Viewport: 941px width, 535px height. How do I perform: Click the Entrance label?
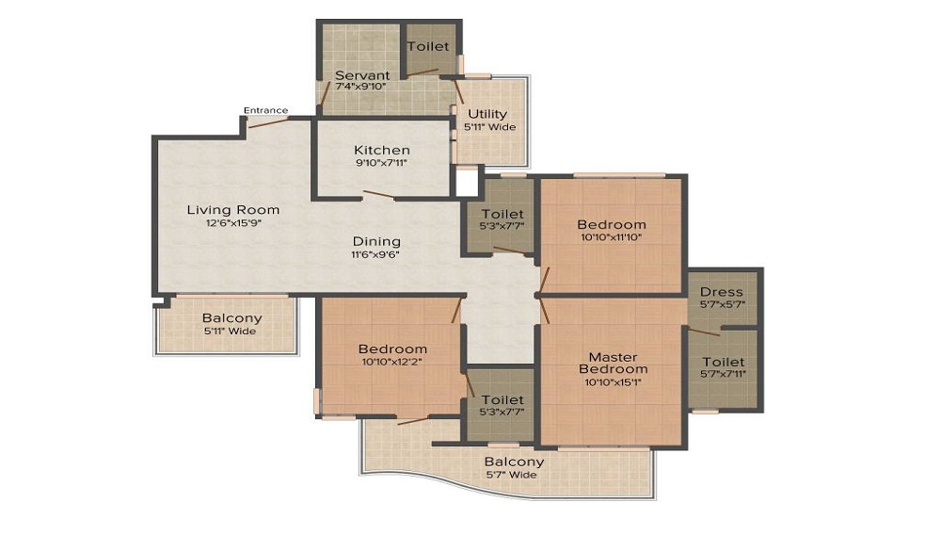pyautogui.click(x=265, y=110)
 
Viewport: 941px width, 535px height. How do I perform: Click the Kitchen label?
pyautogui.click(x=381, y=150)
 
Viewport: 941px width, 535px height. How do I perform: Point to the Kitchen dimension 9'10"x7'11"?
pyautogui.click(x=381, y=163)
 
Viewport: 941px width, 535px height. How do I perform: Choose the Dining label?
pyautogui.click(x=376, y=241)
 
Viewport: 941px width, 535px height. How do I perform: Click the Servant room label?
pyautogui.click(x=362, y=75)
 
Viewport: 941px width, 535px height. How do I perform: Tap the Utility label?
pyautogui.click(x=487, y=115)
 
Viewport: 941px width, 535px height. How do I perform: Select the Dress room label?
pyautogui.click(x=722, y=292)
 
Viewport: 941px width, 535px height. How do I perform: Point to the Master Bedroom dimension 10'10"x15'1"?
pyautogui.click(x=613, y=381)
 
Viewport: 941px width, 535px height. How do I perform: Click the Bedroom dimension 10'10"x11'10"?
pyautogui.click(x=612, y=238)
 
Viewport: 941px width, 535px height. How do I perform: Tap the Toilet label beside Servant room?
pyautogui.click(x=428, y=45)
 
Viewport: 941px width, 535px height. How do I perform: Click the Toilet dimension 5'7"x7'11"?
pyautogui.click(x=723, y=375)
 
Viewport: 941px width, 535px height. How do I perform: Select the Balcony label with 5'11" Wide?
pyautogui.click(x=231, y=318)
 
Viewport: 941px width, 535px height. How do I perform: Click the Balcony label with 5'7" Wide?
pyautogui.click(x=514, y=462)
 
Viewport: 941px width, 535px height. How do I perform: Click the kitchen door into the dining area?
pyautogui.click(x=379, y=195)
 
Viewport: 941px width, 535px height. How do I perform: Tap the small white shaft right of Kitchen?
pyautogui.click(x=467, y=182)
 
